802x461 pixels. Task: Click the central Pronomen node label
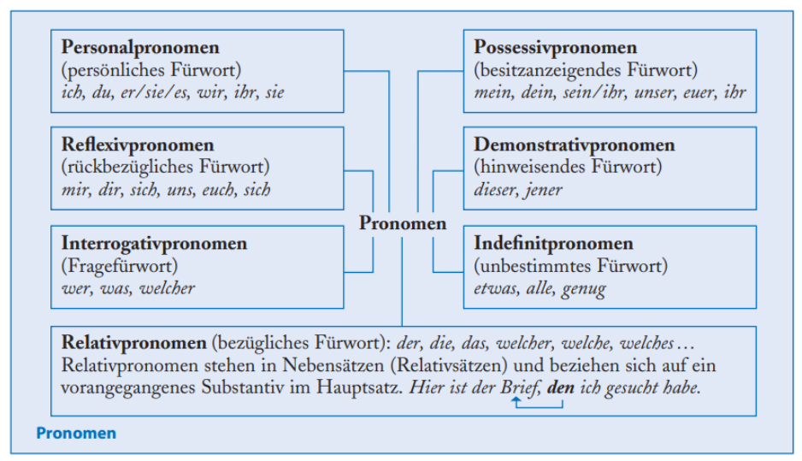coord(403,224)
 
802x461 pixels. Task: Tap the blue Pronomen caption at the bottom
coord(75,434)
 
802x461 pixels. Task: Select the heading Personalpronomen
coord(140,48)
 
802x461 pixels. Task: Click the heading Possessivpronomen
coord(556,48)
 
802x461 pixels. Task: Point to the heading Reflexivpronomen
coord(138,145)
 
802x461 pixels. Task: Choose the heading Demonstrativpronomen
coord(575,145)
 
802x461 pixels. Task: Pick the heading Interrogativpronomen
coord(154,244)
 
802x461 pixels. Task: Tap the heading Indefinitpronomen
coord(553,244)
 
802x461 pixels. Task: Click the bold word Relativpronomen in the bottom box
coord(134,343)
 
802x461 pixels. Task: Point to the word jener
coord(545,190)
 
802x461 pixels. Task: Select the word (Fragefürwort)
coord(119,266)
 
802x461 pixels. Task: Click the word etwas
coord(495,288)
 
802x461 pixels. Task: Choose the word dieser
coord(495,190)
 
